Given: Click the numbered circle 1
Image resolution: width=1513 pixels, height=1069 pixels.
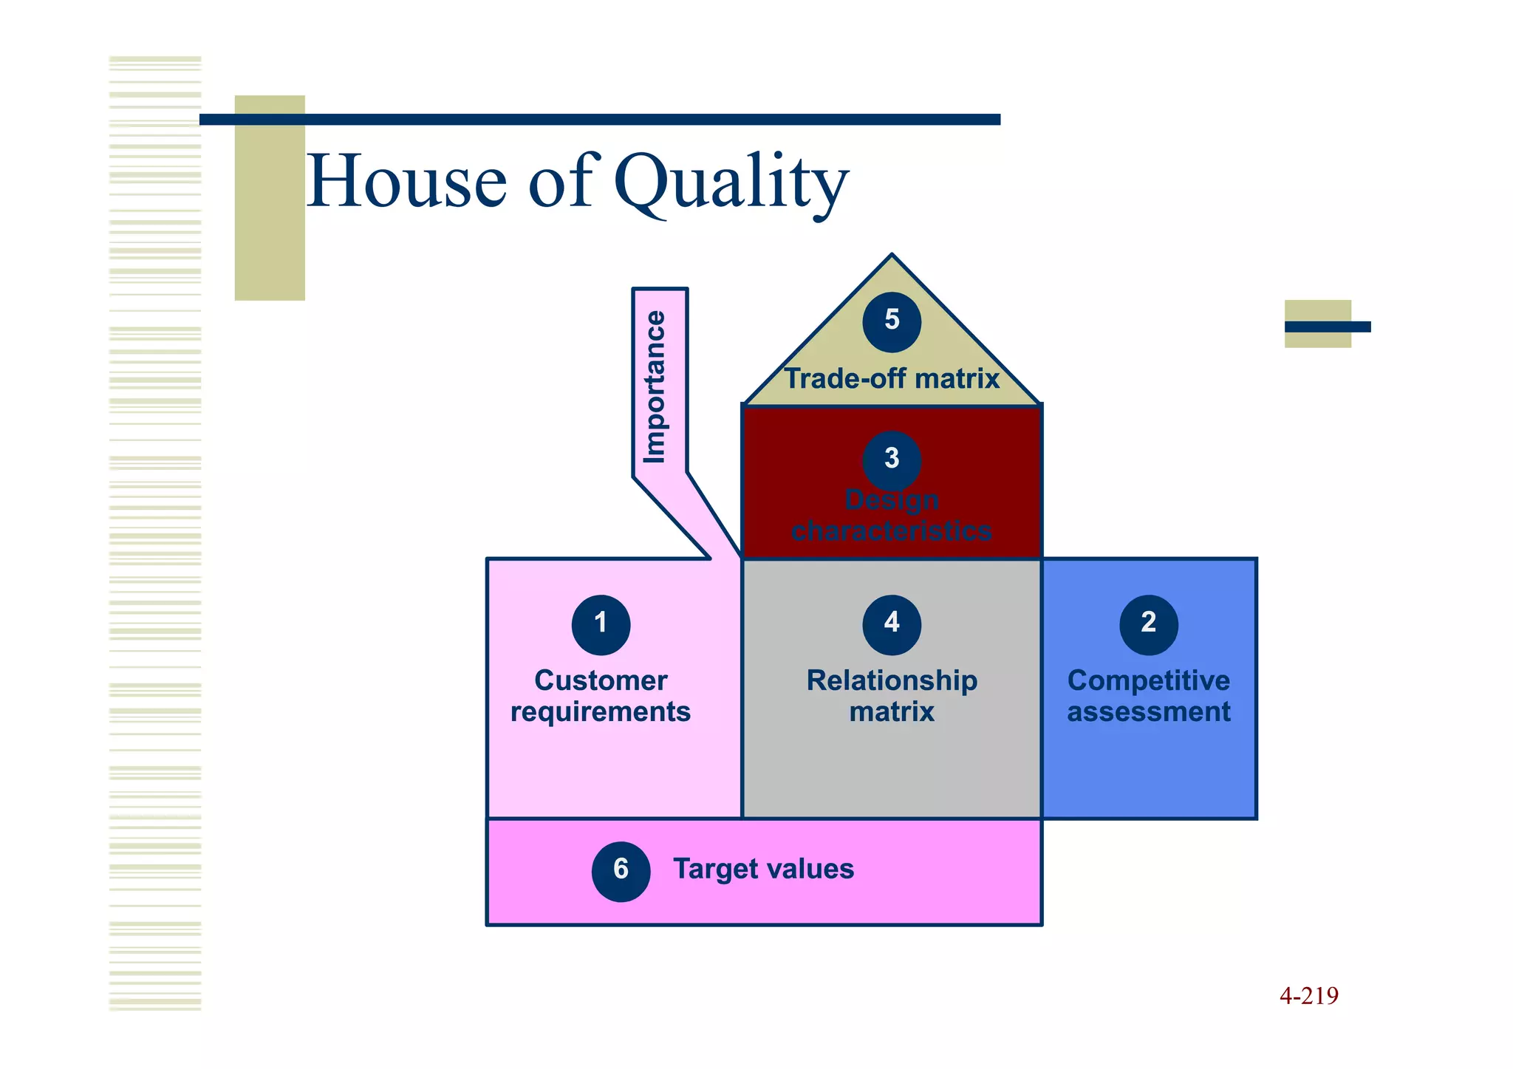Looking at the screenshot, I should coord(601,624).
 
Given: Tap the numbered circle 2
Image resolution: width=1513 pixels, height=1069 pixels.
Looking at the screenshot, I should coord(1148,624).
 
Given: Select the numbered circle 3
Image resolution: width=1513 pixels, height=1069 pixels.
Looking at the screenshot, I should coord(892,460).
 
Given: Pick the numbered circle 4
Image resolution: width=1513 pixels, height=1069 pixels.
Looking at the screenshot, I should coord(892,624).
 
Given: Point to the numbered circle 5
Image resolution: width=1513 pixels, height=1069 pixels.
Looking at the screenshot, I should coord(892,321).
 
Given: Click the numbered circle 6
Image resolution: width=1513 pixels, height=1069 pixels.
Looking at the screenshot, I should coord(621,871).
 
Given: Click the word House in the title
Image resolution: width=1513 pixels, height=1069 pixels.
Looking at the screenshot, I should coord(406,181).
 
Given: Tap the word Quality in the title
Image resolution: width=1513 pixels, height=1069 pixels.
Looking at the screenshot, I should coord(731,183).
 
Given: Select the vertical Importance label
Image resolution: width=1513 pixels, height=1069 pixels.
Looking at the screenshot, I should coord(655,386).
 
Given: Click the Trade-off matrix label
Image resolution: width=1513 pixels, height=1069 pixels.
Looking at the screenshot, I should coord(892,379).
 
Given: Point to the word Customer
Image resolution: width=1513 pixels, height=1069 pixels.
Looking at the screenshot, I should coord(601,680).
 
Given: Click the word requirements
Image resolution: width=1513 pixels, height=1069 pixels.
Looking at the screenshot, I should coord(601,712).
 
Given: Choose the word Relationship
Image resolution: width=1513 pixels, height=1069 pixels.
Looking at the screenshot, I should coord(892,680).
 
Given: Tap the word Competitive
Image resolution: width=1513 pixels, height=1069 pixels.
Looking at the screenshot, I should coord(1149,680).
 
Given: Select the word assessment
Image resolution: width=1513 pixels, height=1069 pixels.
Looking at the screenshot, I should coord(1149,712).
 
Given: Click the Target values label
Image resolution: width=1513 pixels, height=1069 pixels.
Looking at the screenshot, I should coord(763,870).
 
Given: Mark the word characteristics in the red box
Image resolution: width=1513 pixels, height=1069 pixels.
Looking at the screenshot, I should coord(892,531).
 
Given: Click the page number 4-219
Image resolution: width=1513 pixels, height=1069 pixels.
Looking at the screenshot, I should coord(1308,996).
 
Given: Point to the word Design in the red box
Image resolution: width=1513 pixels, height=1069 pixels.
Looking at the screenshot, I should coord(892,500).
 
